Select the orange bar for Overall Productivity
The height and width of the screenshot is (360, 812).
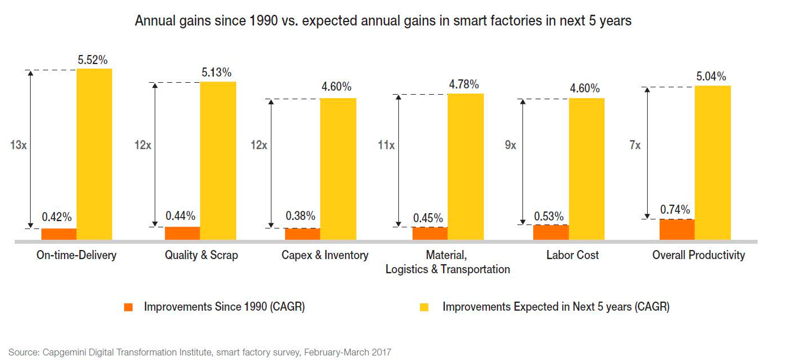pos(677,229)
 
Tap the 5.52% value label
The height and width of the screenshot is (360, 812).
pos(93,60)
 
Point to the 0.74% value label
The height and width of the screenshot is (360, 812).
pos(675,210)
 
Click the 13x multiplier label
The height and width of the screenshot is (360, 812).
pos(18,145)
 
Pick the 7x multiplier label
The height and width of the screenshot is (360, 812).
pos(635,145)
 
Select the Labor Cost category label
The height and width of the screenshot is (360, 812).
pos(572,255)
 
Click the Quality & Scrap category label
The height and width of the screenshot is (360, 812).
pos(201,255)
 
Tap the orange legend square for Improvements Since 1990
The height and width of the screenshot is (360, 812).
pos(129,307)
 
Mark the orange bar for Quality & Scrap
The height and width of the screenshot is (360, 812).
pos(182,233)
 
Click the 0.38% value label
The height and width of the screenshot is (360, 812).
pos(300,216)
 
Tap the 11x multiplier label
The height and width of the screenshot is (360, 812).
pos(386,145)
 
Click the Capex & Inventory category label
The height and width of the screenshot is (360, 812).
pos(325,255)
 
